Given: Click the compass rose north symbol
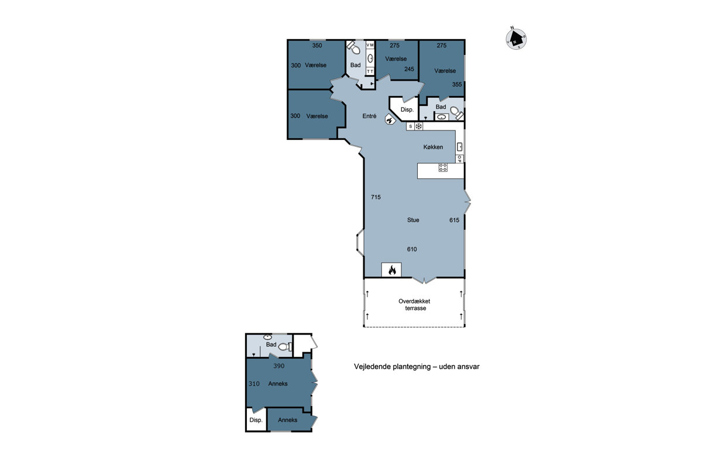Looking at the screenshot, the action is click(516, 39).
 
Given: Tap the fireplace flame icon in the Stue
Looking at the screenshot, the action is click(392, 270).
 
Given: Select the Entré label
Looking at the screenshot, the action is click(369, 116).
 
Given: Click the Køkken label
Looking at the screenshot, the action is click(433, 147).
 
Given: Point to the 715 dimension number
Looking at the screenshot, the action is click(376, 197).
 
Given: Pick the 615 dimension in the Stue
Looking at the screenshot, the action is click(454, 220).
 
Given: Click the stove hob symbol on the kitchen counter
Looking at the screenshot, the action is click(443, 167).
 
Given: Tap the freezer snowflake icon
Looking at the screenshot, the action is click(419, 126).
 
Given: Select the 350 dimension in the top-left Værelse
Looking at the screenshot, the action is click(317, 46).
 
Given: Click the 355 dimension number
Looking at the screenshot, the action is click(457, 84).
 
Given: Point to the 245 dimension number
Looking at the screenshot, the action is click(409, 69).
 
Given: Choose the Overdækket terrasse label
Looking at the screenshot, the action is click(415, 305).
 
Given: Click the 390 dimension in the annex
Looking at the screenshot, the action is click(278, 366).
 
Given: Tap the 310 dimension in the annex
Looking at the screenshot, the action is click(254, 384).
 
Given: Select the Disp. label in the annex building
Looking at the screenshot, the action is click(256, 420).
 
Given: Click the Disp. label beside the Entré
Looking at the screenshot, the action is click(407, 110).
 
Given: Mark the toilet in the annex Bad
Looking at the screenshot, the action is click(285, 347).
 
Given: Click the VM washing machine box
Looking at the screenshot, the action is click(370, 45).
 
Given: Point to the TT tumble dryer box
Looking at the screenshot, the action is click(370, 71).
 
